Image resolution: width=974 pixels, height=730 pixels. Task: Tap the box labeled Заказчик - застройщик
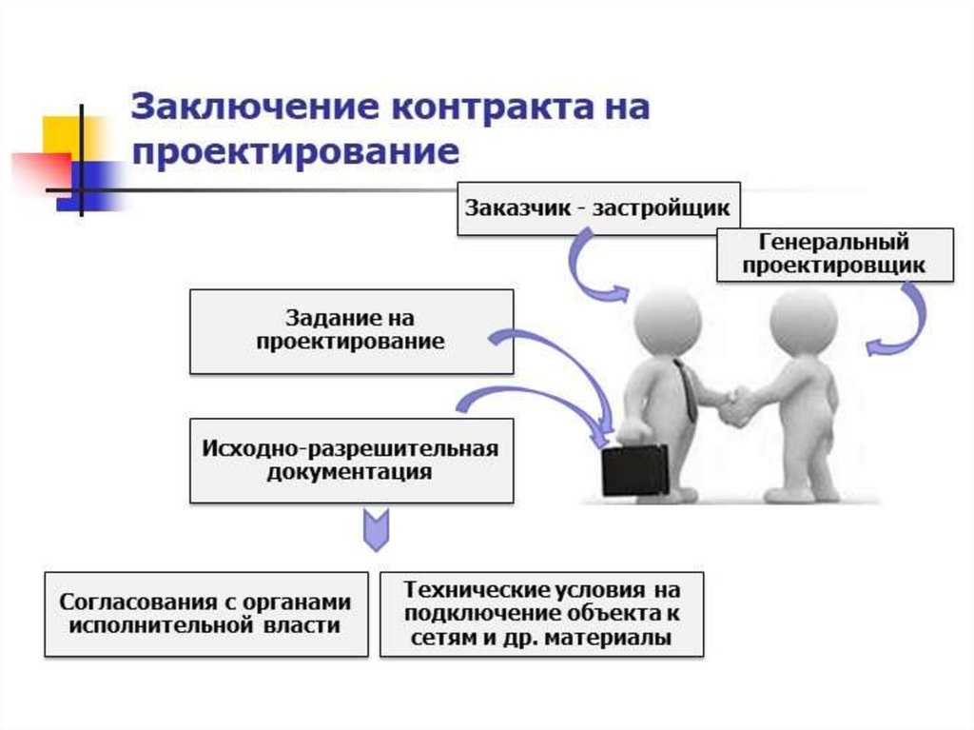point(596,206)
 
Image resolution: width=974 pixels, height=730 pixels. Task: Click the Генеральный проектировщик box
point(834,254)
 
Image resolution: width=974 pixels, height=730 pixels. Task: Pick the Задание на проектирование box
point(351,330)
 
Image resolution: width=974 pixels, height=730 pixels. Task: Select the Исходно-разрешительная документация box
point(351,460)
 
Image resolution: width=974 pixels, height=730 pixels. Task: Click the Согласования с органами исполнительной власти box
point(205,614)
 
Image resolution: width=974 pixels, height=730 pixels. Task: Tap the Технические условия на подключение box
point(541,614)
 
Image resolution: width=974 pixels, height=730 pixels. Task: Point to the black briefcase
point(635,470)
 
